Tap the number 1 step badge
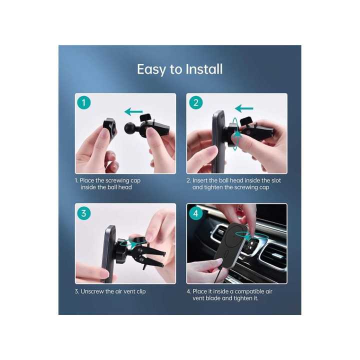click(x=84, y=103)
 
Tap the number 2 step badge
click(x=195, y=103)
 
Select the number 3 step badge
click(x=84, y=213)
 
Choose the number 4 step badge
click(x=195, y=213)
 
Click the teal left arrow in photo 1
click(x=133, y=111)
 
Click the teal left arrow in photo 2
click(x=244, y=108)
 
